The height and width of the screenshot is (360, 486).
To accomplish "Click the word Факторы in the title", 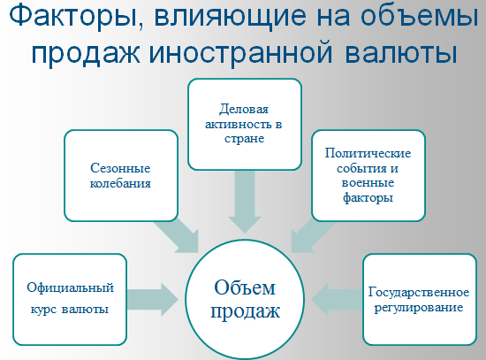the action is pyautogui.click(x=73, y=16).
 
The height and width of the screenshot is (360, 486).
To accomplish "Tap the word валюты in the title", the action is pyautogui.click(x=401, y=52).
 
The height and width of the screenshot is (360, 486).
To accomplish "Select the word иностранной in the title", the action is pyautogui.click(x=241, y=52).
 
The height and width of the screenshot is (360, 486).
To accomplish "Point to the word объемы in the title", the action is pyautogui.click(x=420, y=16).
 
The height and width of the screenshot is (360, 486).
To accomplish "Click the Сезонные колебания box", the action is pyautogui.click(x=121, y=176).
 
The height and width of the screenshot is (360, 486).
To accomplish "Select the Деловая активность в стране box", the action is pyautogui.click(x=245, y=124).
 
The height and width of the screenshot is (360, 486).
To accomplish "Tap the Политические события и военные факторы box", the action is pyautogui.click(x=368, y=176).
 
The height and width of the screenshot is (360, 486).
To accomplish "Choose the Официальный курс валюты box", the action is pyautogui.click(x=70, y=300).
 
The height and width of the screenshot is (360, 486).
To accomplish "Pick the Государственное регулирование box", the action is pyautogui.click(x=420, y=300).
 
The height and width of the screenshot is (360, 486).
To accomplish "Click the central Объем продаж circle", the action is pyautogui.click(x=245, y=300).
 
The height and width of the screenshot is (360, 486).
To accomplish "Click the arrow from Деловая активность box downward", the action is pyautogui.click(x=245, y=202).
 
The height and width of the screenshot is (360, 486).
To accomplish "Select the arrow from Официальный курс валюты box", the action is pyautogui.click(x=153, y=300).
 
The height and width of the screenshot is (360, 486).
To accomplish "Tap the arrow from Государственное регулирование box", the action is pyautogui.click(x=337, y=300).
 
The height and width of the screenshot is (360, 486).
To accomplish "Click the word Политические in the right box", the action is pyautogui.click(x=368, y=153).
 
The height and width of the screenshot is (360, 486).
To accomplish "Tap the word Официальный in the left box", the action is pyautogui.click(x=71, y=287).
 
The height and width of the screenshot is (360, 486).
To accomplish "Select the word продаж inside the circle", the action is pyautogui.click(x=245, y=311).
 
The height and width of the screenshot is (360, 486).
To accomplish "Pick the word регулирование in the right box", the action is pyautogui.click(x=419, y=308).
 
